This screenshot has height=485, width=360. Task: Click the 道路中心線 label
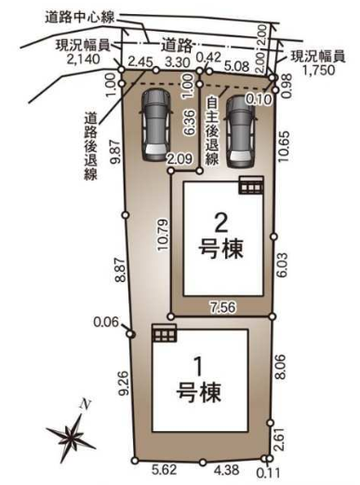tap(80, 18)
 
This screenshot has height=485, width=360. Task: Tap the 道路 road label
tap(177, 47)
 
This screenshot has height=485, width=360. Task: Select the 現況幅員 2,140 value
tap(84, 59)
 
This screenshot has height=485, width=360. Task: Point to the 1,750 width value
tap(319, 70)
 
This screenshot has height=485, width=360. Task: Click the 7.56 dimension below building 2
tap(222, 307)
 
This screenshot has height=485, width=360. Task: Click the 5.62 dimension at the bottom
tap(165, 469)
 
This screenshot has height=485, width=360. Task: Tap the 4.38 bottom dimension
tap(227, 470)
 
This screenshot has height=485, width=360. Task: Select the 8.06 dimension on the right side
tap(282, 367)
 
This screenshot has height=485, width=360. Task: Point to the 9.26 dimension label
tap(125, 384)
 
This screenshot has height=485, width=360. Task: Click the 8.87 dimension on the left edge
tap(120, 270)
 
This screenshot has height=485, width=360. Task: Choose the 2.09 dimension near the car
tap(180, 159)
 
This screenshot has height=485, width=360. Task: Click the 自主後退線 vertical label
tap(212, 131)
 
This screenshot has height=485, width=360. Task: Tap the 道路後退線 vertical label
tap(90, 146)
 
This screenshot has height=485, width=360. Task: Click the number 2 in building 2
tap(221, 223)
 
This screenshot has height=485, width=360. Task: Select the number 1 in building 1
tap(199, 367)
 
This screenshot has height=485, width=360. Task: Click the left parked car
tap(156, 125)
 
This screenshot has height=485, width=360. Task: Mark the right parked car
tap(241, 131)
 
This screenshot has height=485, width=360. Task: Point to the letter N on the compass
tap(86, 405)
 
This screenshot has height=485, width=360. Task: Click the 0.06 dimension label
tap(106, 322)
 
